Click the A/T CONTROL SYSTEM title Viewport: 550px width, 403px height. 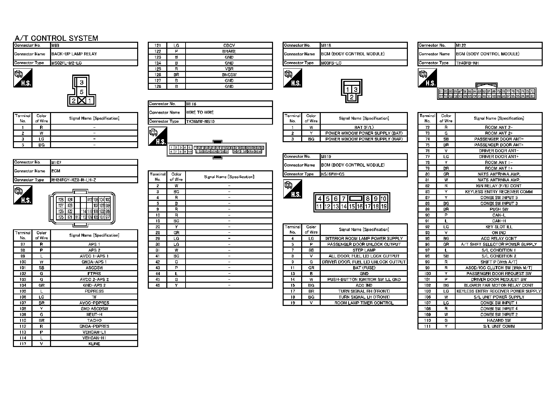[x=56, y=38]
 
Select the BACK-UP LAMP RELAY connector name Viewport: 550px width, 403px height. [x=74, y=54]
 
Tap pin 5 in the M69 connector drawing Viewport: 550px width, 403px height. [x=82, y=92]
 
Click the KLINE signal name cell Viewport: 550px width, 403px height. [x=94, y=344]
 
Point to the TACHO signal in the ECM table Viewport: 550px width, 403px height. [x=94, y=320]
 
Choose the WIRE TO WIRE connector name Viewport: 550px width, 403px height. [x=200, y=112]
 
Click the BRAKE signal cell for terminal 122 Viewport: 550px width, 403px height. [x=229, y=51]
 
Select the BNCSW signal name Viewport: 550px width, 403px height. [x=229, y=75]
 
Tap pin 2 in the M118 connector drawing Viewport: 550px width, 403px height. [x=352, y=97]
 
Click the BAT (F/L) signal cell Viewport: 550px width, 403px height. [x=364, y=127]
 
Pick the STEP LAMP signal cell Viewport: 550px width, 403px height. [x=364, y=250]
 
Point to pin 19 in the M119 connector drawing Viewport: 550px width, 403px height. [x=384, y=206]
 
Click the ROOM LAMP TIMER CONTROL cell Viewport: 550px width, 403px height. [x=364, y=303]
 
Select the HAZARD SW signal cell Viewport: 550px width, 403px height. [x=499, y=320]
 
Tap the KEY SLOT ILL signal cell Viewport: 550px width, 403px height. [x=499, y=227]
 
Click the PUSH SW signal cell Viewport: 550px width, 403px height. [x=499, y=209]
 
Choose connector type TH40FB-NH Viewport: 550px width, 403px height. [x=467, y=63]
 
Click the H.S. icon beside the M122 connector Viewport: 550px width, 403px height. [x=427, y=78]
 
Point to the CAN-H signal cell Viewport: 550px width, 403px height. [x=499, y=221]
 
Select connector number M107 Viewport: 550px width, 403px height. [x=56, y=162]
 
